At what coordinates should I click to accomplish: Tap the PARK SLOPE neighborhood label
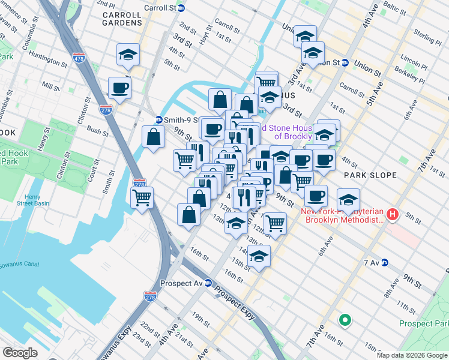[x=370, y=175]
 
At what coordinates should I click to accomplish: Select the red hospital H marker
[x=393, y=214]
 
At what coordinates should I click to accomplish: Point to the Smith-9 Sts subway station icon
[x=158, y=119]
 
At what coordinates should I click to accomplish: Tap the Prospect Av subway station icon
[x=208, y=283]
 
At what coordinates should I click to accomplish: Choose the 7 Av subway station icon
[x=385, y=263]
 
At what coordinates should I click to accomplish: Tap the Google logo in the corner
[x=20, y=353]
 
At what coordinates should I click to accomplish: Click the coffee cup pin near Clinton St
[x=119, y=88]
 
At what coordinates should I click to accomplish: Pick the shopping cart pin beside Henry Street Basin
[x=142, y=197]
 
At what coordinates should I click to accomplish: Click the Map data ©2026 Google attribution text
[x=412, y=355]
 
